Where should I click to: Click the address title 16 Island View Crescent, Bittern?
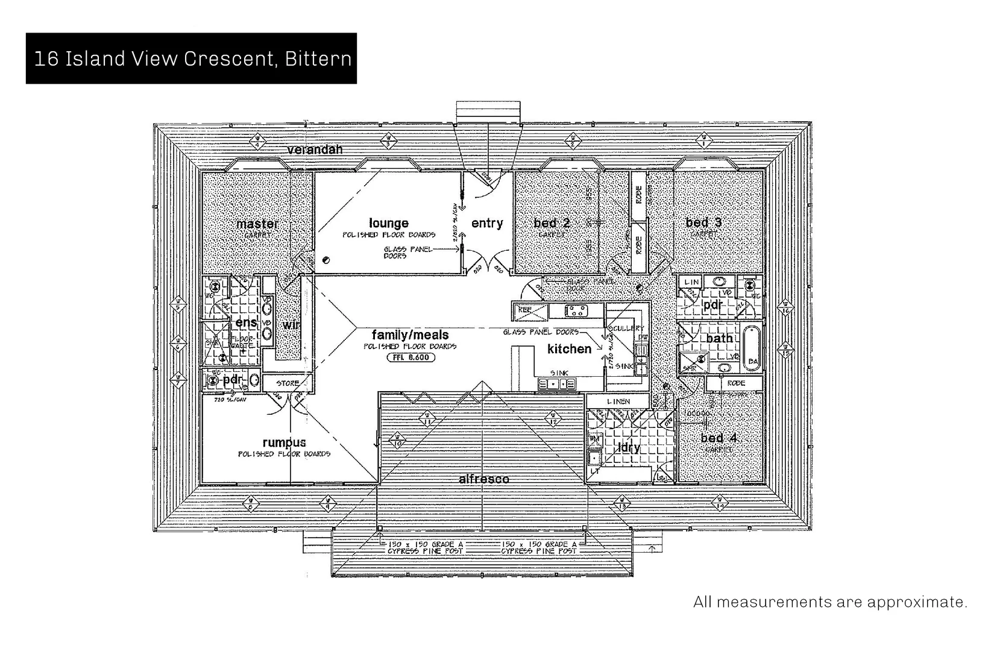[192, 59]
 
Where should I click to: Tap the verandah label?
[314, 149]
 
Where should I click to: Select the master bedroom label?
[257, 224]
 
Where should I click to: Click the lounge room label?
[389, 223]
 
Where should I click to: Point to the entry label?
[487, 223]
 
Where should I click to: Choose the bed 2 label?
[552, 223]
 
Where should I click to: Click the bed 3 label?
[703, 222]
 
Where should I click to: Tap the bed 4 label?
[719, 438]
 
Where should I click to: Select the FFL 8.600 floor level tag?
[410, 357]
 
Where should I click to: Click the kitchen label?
[569, 349]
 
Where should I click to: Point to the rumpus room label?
[284, 443]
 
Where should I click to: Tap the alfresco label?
[483, 479]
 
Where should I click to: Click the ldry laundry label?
[628, 448]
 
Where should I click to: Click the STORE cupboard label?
[288, 383]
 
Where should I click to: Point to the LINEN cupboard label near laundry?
[618, 401]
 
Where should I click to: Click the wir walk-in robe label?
[291, 325]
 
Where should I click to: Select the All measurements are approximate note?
[830, 602]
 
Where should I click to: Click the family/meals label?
[410, 335]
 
